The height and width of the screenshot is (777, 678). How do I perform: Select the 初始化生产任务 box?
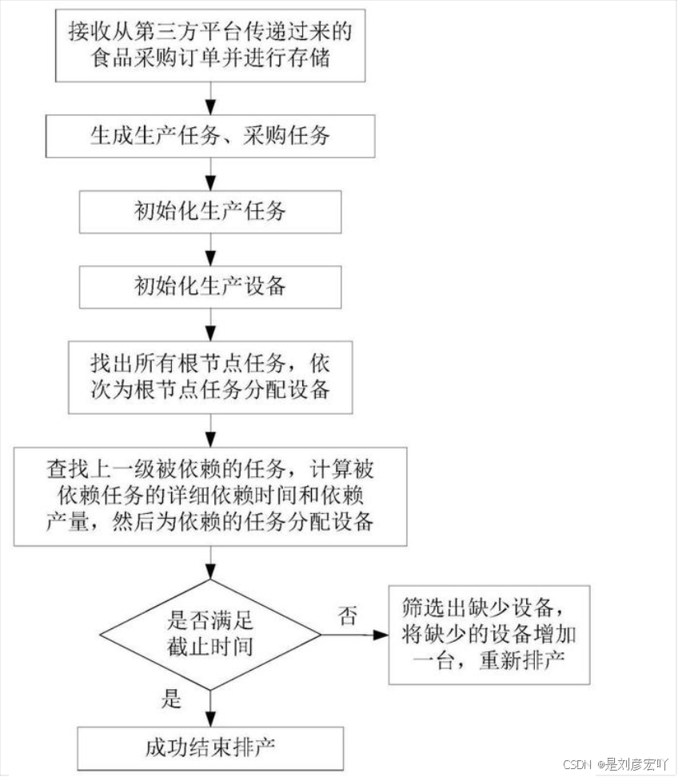tap(210, 212)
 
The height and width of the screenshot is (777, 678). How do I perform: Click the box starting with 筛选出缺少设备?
tap(489, 634)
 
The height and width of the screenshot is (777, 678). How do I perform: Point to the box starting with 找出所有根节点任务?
tap(210, 377)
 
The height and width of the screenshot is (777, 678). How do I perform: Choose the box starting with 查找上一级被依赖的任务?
tap(210, 495)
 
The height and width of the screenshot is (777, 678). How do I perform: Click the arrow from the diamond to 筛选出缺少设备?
tap(355, 635)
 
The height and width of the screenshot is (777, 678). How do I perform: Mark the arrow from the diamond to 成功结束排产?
tap(210, 707)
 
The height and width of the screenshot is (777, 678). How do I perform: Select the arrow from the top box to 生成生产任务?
tap(210, 98)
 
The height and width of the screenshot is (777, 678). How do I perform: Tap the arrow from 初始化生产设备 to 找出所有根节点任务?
tap(210, 325)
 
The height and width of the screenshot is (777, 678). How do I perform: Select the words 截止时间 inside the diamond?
tap(210, 645)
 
